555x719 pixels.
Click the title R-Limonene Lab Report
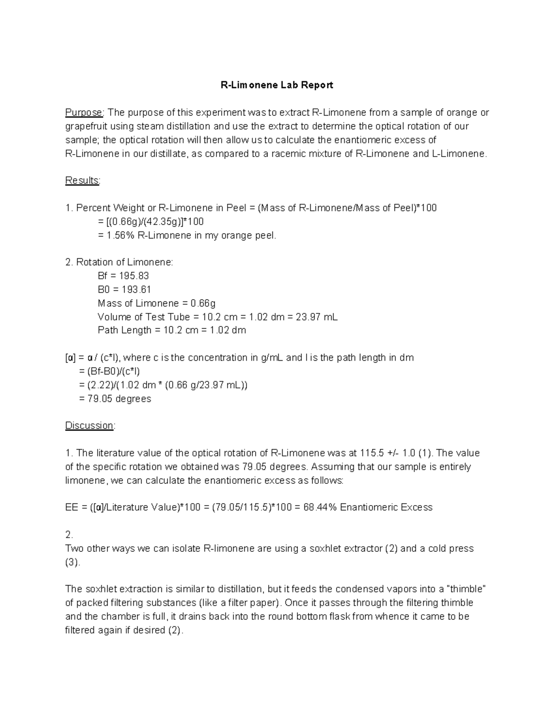[277, 85]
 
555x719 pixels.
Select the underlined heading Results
[82, 181]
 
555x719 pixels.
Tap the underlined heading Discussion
[89, 425]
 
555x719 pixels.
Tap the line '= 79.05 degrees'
[115, 399]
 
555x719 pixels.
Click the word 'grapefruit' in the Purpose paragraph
[86, 126]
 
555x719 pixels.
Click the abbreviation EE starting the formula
[72, 507]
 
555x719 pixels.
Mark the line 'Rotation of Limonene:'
[124, 263]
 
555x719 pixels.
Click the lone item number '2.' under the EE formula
[69, 535]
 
